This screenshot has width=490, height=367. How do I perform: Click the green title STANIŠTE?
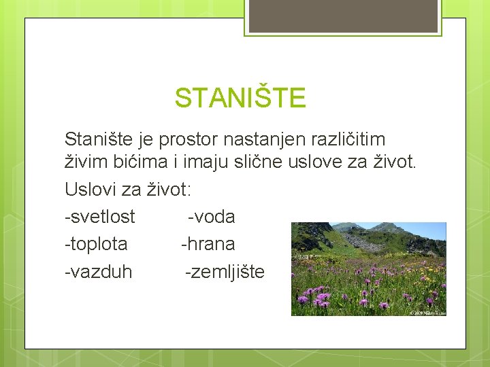pos(240,98)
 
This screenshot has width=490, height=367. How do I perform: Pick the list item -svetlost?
pos(99,217)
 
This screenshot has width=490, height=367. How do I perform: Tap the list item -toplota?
pos(96,243)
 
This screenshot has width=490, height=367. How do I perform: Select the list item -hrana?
pos(208,243)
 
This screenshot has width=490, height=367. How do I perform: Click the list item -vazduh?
pos(99,272)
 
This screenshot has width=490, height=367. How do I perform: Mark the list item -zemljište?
pos(225,272)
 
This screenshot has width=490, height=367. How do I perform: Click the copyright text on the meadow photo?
pos(427,313)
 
